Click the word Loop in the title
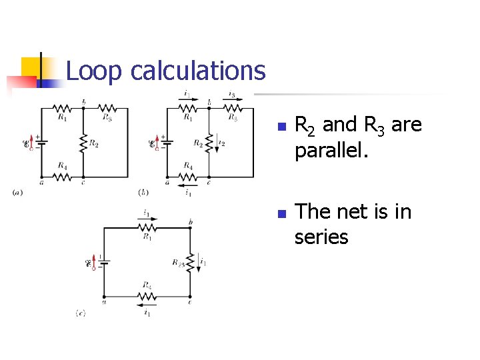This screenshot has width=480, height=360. coord(94,71)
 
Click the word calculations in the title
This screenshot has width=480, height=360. coord(198,71)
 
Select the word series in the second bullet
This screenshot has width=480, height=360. coord(321,236)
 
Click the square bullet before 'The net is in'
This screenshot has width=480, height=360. coord(281,214)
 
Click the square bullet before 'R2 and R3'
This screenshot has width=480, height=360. coord(281,127)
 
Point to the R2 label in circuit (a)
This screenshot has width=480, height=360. coord(94,143)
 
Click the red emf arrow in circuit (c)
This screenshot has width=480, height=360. coord(93,261)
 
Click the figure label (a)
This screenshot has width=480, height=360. coord(17,193)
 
